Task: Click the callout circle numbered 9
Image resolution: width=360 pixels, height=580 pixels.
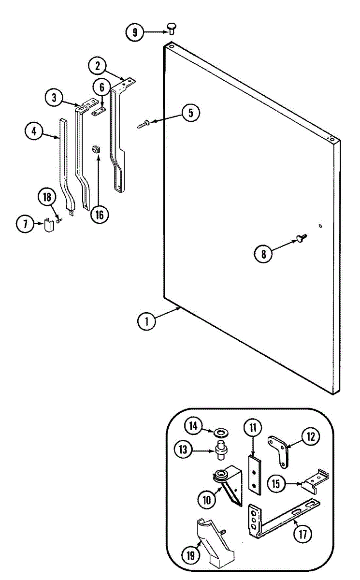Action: pyautogui.click(x=135, y=32)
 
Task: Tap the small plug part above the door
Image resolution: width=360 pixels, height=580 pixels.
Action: pyautogui.click(x=172, y=27)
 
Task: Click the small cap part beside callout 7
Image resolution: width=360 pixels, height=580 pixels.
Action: pyautogui.click(x=48, y=225)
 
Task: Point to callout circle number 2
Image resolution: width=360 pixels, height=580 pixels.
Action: pyautogui.click(x=98, y=65)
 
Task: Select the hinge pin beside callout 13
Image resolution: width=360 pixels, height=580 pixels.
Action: pyautogui.click(x=222, y=452)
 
